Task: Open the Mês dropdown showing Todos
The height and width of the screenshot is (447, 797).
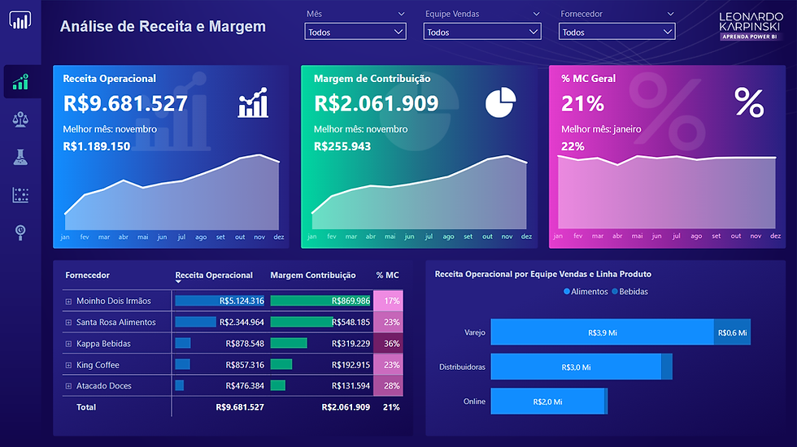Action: [355, 32]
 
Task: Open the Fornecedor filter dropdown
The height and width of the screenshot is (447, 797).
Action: [616, 32]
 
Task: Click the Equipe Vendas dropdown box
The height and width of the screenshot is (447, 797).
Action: [482, 32]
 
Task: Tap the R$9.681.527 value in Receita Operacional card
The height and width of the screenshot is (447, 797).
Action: [125, 103]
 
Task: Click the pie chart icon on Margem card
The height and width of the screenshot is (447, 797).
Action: [501, 102]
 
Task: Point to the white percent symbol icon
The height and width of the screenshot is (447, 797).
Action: [748, 103]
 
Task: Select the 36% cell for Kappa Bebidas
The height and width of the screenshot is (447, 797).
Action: [391, 344]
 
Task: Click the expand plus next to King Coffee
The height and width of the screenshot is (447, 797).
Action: [68, 365]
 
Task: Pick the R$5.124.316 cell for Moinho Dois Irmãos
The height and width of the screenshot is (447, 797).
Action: [220, 301]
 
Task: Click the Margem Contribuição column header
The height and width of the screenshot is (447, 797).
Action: [313, 276]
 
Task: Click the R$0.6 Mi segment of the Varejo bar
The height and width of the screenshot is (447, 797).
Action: [732, 332]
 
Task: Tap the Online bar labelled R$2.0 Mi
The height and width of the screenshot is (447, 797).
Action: [548, 401]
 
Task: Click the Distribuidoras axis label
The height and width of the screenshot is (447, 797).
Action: [461, 367]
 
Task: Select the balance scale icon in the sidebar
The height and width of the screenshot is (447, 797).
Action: [21, 119]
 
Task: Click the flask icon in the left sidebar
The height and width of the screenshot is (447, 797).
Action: [21, 157]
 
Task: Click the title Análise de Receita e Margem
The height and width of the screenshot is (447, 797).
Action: [163, 27]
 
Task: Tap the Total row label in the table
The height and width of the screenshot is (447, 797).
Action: [86, 407]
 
